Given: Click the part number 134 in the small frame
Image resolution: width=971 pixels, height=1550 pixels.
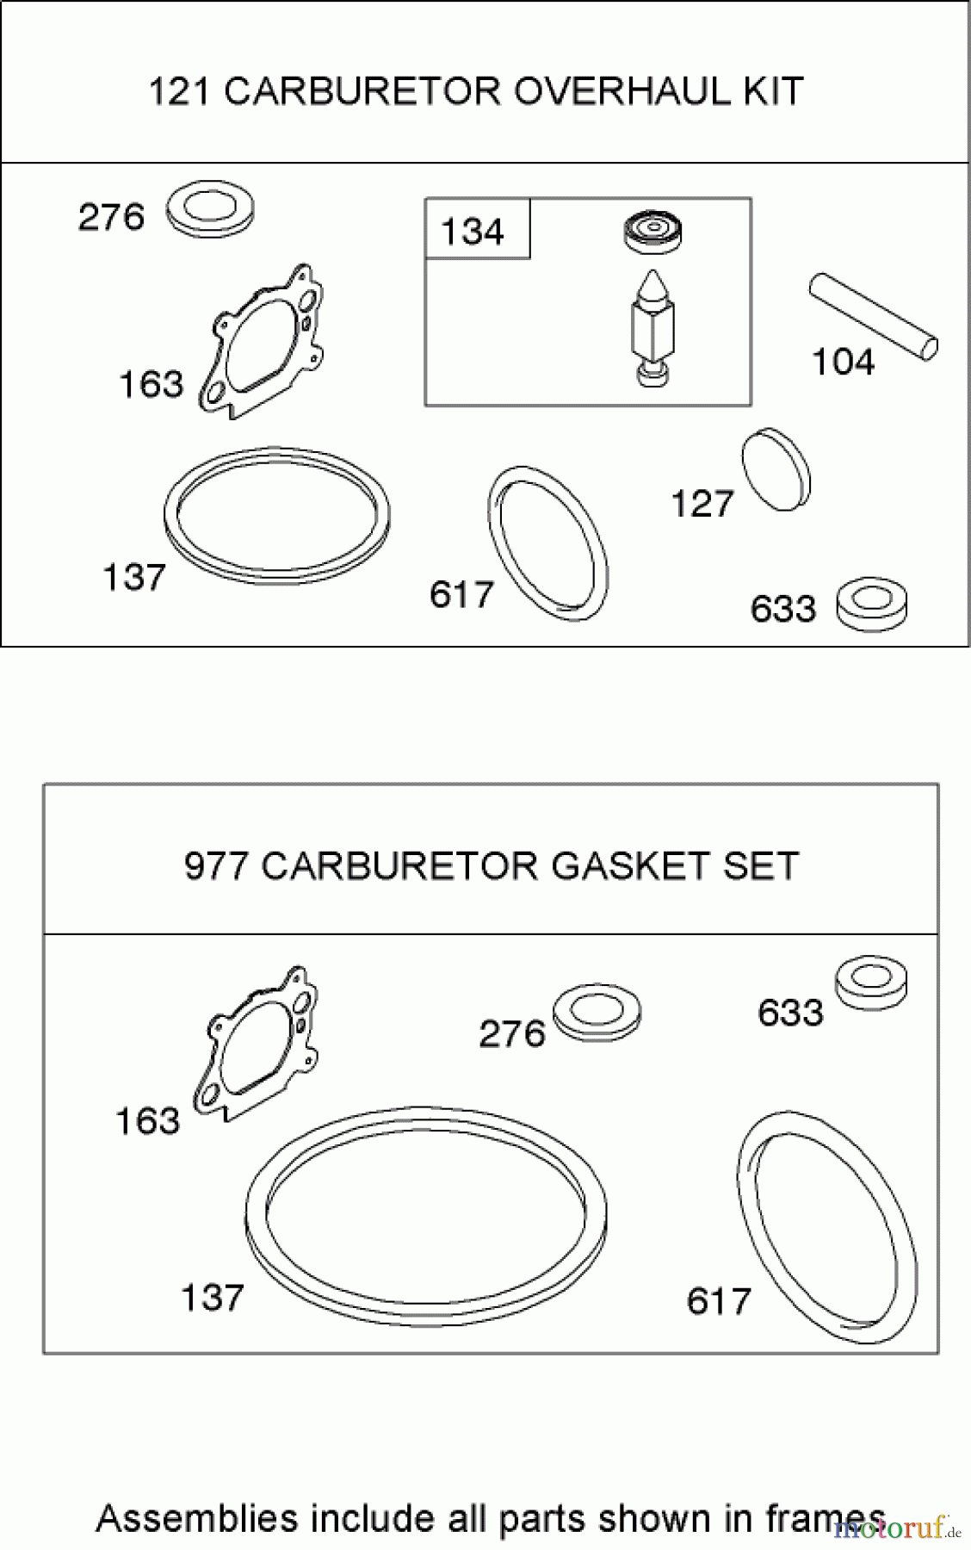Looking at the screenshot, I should [x=472, y=232].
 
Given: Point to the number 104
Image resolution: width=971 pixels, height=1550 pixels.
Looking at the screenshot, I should [x=843, y=363].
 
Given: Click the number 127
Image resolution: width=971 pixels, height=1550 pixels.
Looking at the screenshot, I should [x=702, y=504].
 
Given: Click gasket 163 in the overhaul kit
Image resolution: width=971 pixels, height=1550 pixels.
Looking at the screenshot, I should [x=263, y=341].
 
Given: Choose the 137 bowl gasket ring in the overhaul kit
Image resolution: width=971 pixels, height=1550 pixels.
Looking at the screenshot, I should [x=276, y=513].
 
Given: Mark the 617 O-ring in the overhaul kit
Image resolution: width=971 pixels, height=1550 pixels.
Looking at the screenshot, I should [x=547, y=542].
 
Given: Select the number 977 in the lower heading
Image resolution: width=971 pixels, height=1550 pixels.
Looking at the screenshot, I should [x=217, y=866].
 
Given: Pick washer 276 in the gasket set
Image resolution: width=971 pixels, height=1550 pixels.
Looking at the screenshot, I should [x=597, y=1012].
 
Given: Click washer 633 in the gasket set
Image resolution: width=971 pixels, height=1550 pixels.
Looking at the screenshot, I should [x=871, y=981].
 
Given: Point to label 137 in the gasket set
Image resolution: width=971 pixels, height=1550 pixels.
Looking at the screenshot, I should [x=212, y=1297].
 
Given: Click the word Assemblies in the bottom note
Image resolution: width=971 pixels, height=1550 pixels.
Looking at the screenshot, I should [x=197, y=1519].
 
